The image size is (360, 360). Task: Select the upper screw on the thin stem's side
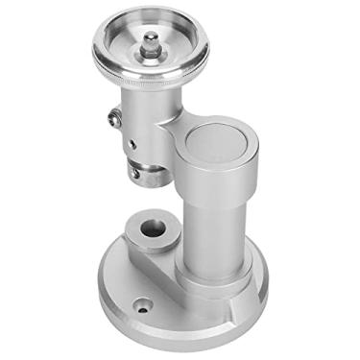pos(113,118)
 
